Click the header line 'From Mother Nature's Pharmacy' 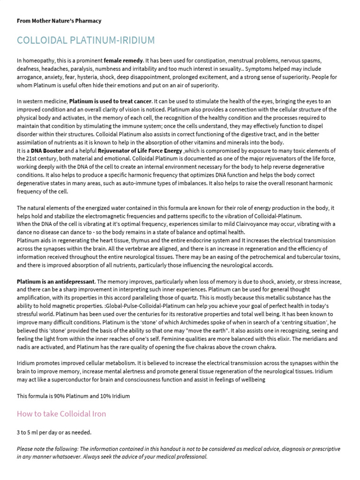pos(59,21)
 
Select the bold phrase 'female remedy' pos(124,61)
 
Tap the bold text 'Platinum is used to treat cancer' pos(111,101)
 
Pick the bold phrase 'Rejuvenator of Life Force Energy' pos(140,150)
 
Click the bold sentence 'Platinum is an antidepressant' pos(56,282)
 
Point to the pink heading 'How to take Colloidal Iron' pos(61,413)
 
